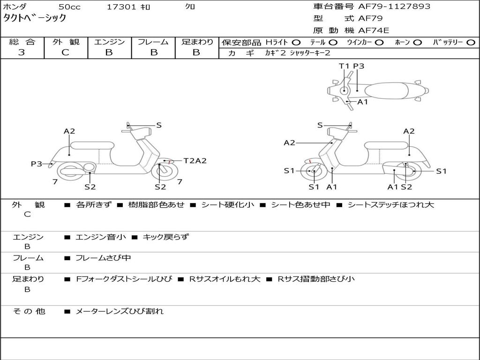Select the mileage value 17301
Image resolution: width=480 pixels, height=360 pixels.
121,7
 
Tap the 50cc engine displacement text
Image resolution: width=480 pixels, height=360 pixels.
69,7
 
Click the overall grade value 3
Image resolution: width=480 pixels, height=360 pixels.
22,52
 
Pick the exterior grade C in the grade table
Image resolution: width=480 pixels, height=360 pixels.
65,52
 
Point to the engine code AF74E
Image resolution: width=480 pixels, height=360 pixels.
374,31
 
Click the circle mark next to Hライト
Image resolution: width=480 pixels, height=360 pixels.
296,43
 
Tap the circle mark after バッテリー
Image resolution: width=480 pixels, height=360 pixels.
471,43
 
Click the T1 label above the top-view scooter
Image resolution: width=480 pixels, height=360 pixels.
344,66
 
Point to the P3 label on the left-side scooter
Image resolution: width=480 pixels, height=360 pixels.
37,164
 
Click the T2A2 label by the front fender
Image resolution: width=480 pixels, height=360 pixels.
195,161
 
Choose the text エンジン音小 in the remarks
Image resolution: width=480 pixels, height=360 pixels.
101,237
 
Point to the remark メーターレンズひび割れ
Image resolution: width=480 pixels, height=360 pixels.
120,311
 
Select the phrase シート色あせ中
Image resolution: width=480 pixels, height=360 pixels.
300,205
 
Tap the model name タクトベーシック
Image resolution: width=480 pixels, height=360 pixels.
35,18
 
